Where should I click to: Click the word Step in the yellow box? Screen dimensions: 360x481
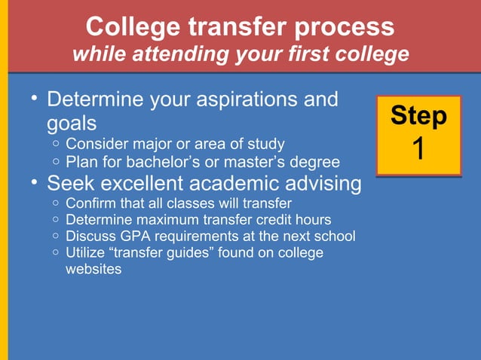418,116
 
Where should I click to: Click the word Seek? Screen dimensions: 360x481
69,183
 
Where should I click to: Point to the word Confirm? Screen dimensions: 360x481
91,203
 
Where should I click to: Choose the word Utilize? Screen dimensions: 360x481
86,253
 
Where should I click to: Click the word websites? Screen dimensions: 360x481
93,270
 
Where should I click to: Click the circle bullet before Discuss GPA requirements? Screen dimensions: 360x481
57,237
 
